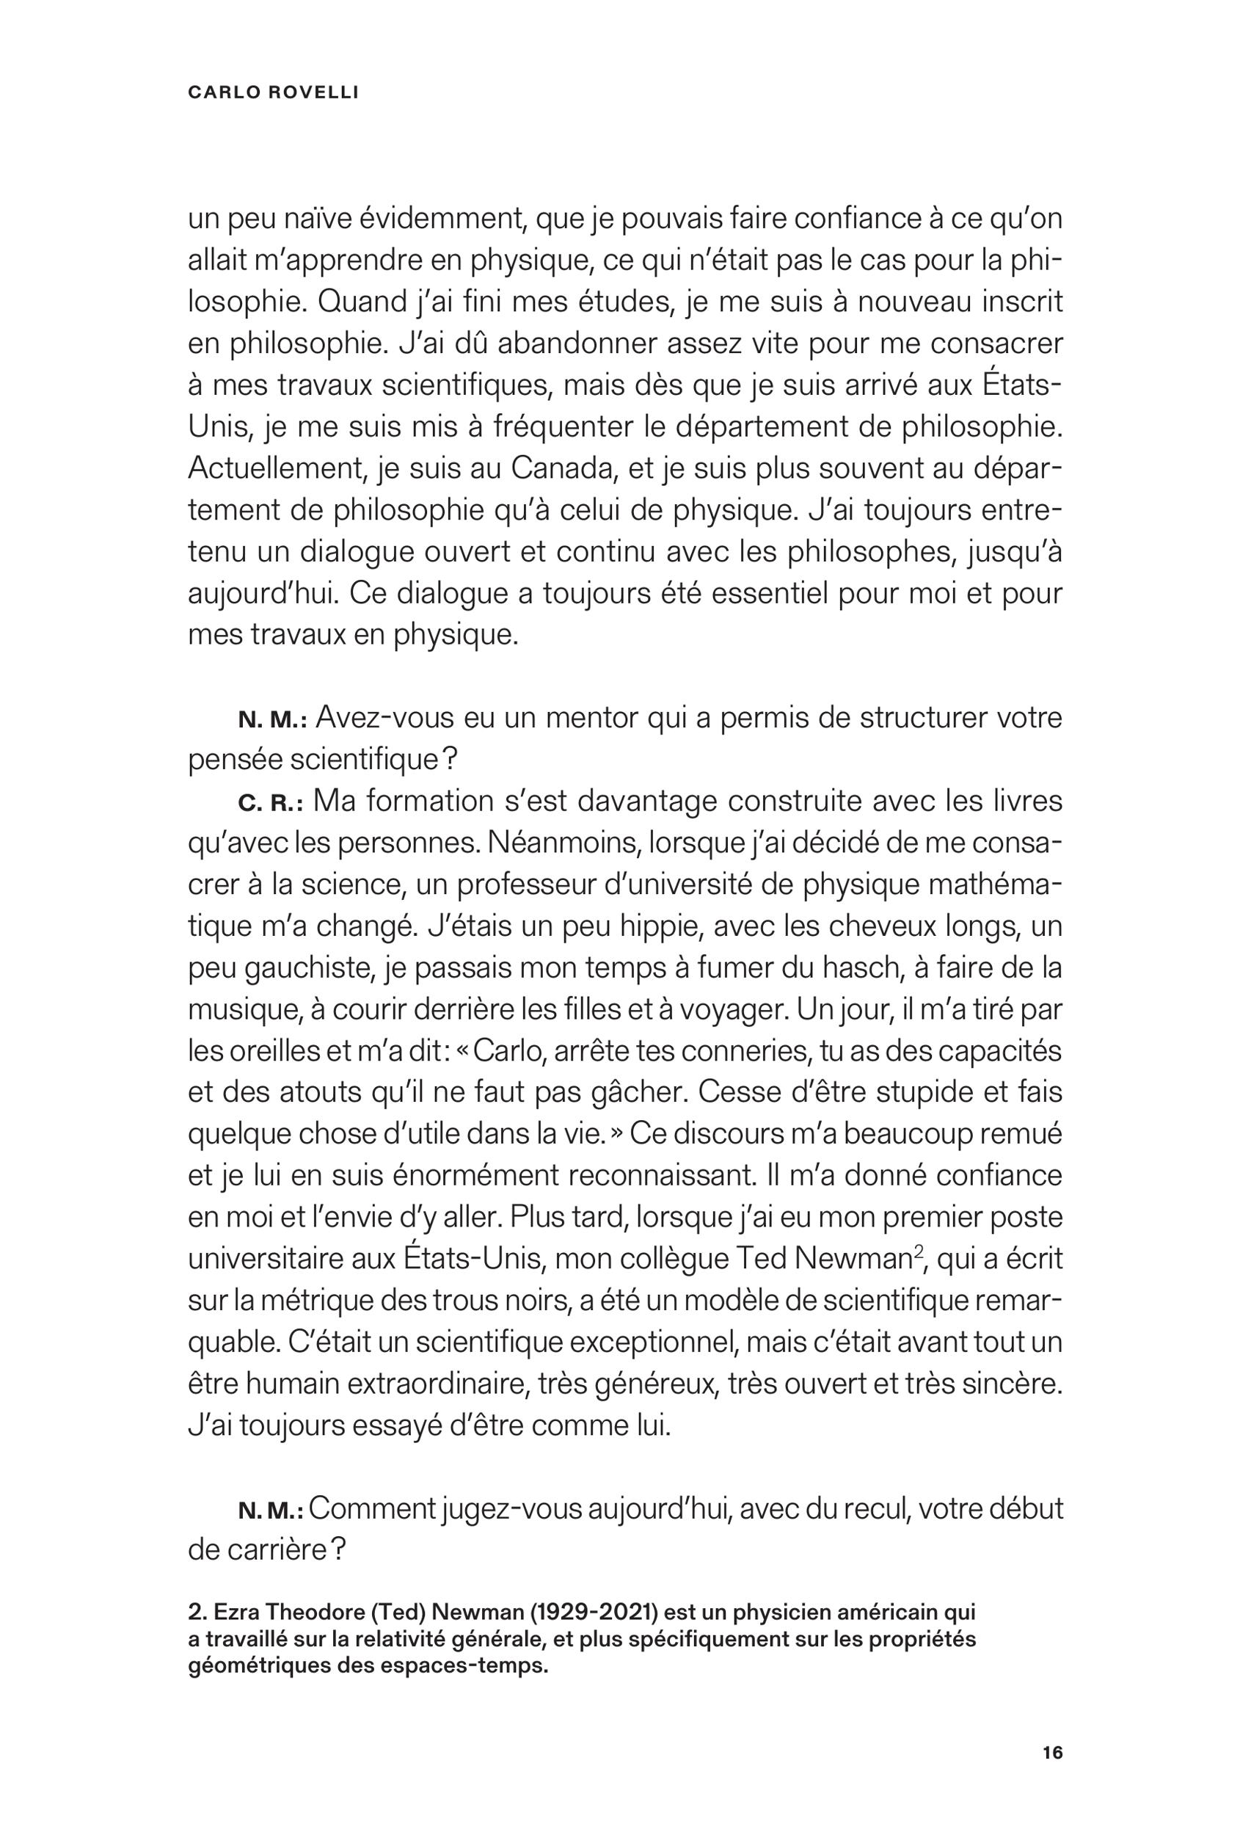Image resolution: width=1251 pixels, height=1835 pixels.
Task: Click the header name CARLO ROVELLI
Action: (x=273, y=92)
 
